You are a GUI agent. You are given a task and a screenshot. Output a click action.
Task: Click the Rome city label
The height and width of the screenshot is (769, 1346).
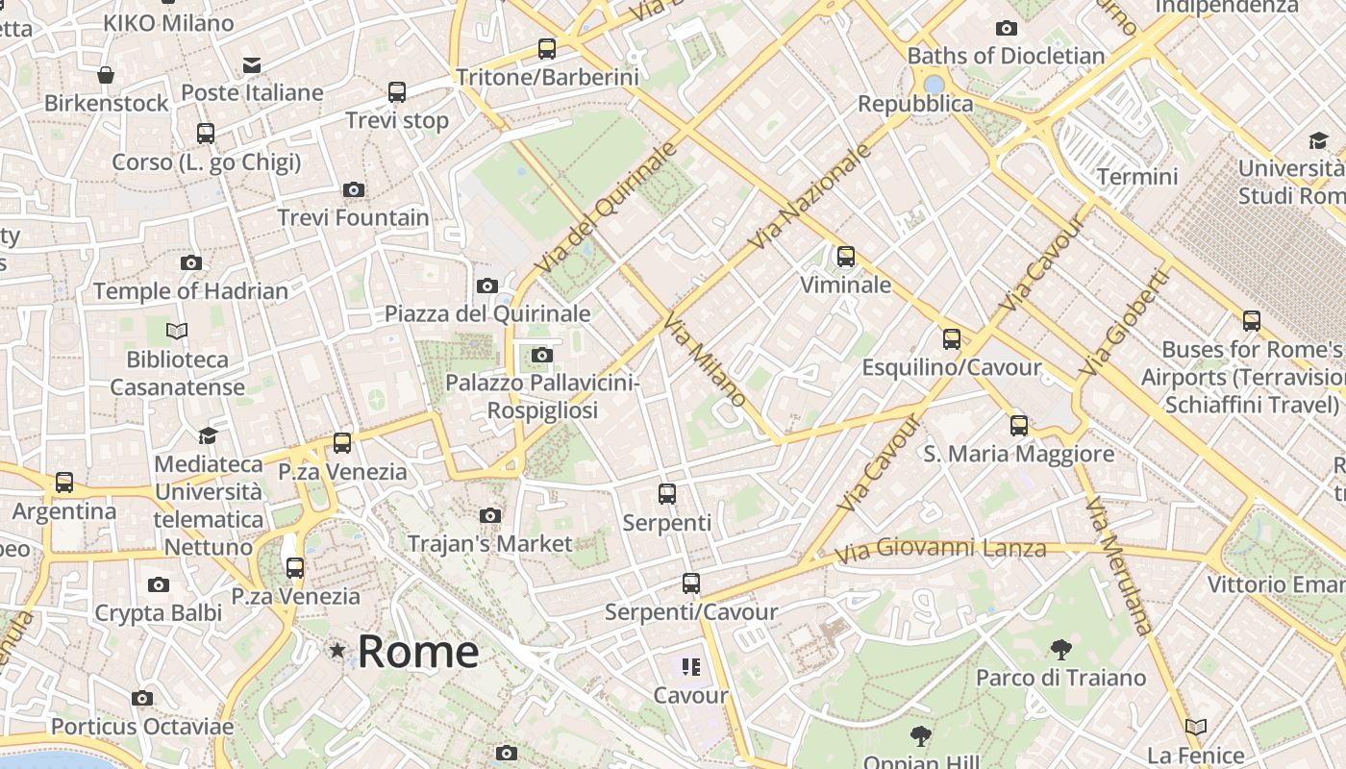(x=418, y=653)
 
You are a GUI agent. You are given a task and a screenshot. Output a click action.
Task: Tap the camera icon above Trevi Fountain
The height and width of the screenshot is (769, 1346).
(x=354, y=189)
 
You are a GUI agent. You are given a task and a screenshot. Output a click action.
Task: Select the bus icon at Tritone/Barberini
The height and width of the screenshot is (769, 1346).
(x=547, y=48)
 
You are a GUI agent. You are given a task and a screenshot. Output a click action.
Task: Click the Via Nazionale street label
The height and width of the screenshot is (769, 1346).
(x=810, y=197)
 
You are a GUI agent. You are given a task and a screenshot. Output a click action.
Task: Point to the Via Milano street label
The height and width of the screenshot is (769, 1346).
(x=705, y=358)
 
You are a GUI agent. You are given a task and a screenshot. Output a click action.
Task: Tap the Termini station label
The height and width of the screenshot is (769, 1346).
(x=1137, y=177)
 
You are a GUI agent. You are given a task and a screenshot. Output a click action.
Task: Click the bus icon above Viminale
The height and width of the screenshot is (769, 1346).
(x=846, y=257)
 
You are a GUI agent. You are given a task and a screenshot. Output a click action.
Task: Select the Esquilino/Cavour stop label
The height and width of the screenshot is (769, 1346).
(x=951, y=368)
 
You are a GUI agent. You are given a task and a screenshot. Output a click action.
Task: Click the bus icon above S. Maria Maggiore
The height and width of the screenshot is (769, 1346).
(x=1019, y=425)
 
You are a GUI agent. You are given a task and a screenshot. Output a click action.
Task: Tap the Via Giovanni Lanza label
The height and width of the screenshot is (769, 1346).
(x=940, y=551)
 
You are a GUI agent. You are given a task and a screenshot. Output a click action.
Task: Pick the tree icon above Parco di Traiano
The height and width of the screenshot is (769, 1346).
(x=1061, y=650)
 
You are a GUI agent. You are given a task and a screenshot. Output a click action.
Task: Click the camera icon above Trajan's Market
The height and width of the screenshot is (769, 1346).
(x=490, y=516)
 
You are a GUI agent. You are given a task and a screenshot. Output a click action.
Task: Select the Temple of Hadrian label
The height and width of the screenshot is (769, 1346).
(x=190, y=291)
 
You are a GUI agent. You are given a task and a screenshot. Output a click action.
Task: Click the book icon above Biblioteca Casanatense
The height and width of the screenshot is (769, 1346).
(x=177, y=332)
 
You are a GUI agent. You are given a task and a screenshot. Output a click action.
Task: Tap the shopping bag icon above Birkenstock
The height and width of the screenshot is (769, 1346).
(x=106, y=75)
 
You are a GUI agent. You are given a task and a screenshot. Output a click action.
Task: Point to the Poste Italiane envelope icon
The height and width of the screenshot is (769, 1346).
(x=252, y=65)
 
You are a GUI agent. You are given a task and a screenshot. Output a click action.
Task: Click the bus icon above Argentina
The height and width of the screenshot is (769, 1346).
(x=64, y=483)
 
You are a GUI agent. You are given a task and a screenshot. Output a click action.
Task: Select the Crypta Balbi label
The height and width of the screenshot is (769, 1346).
(x=159, y=613)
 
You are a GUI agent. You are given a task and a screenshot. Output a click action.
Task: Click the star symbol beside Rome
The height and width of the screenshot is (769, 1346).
(x=337, y=651)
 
